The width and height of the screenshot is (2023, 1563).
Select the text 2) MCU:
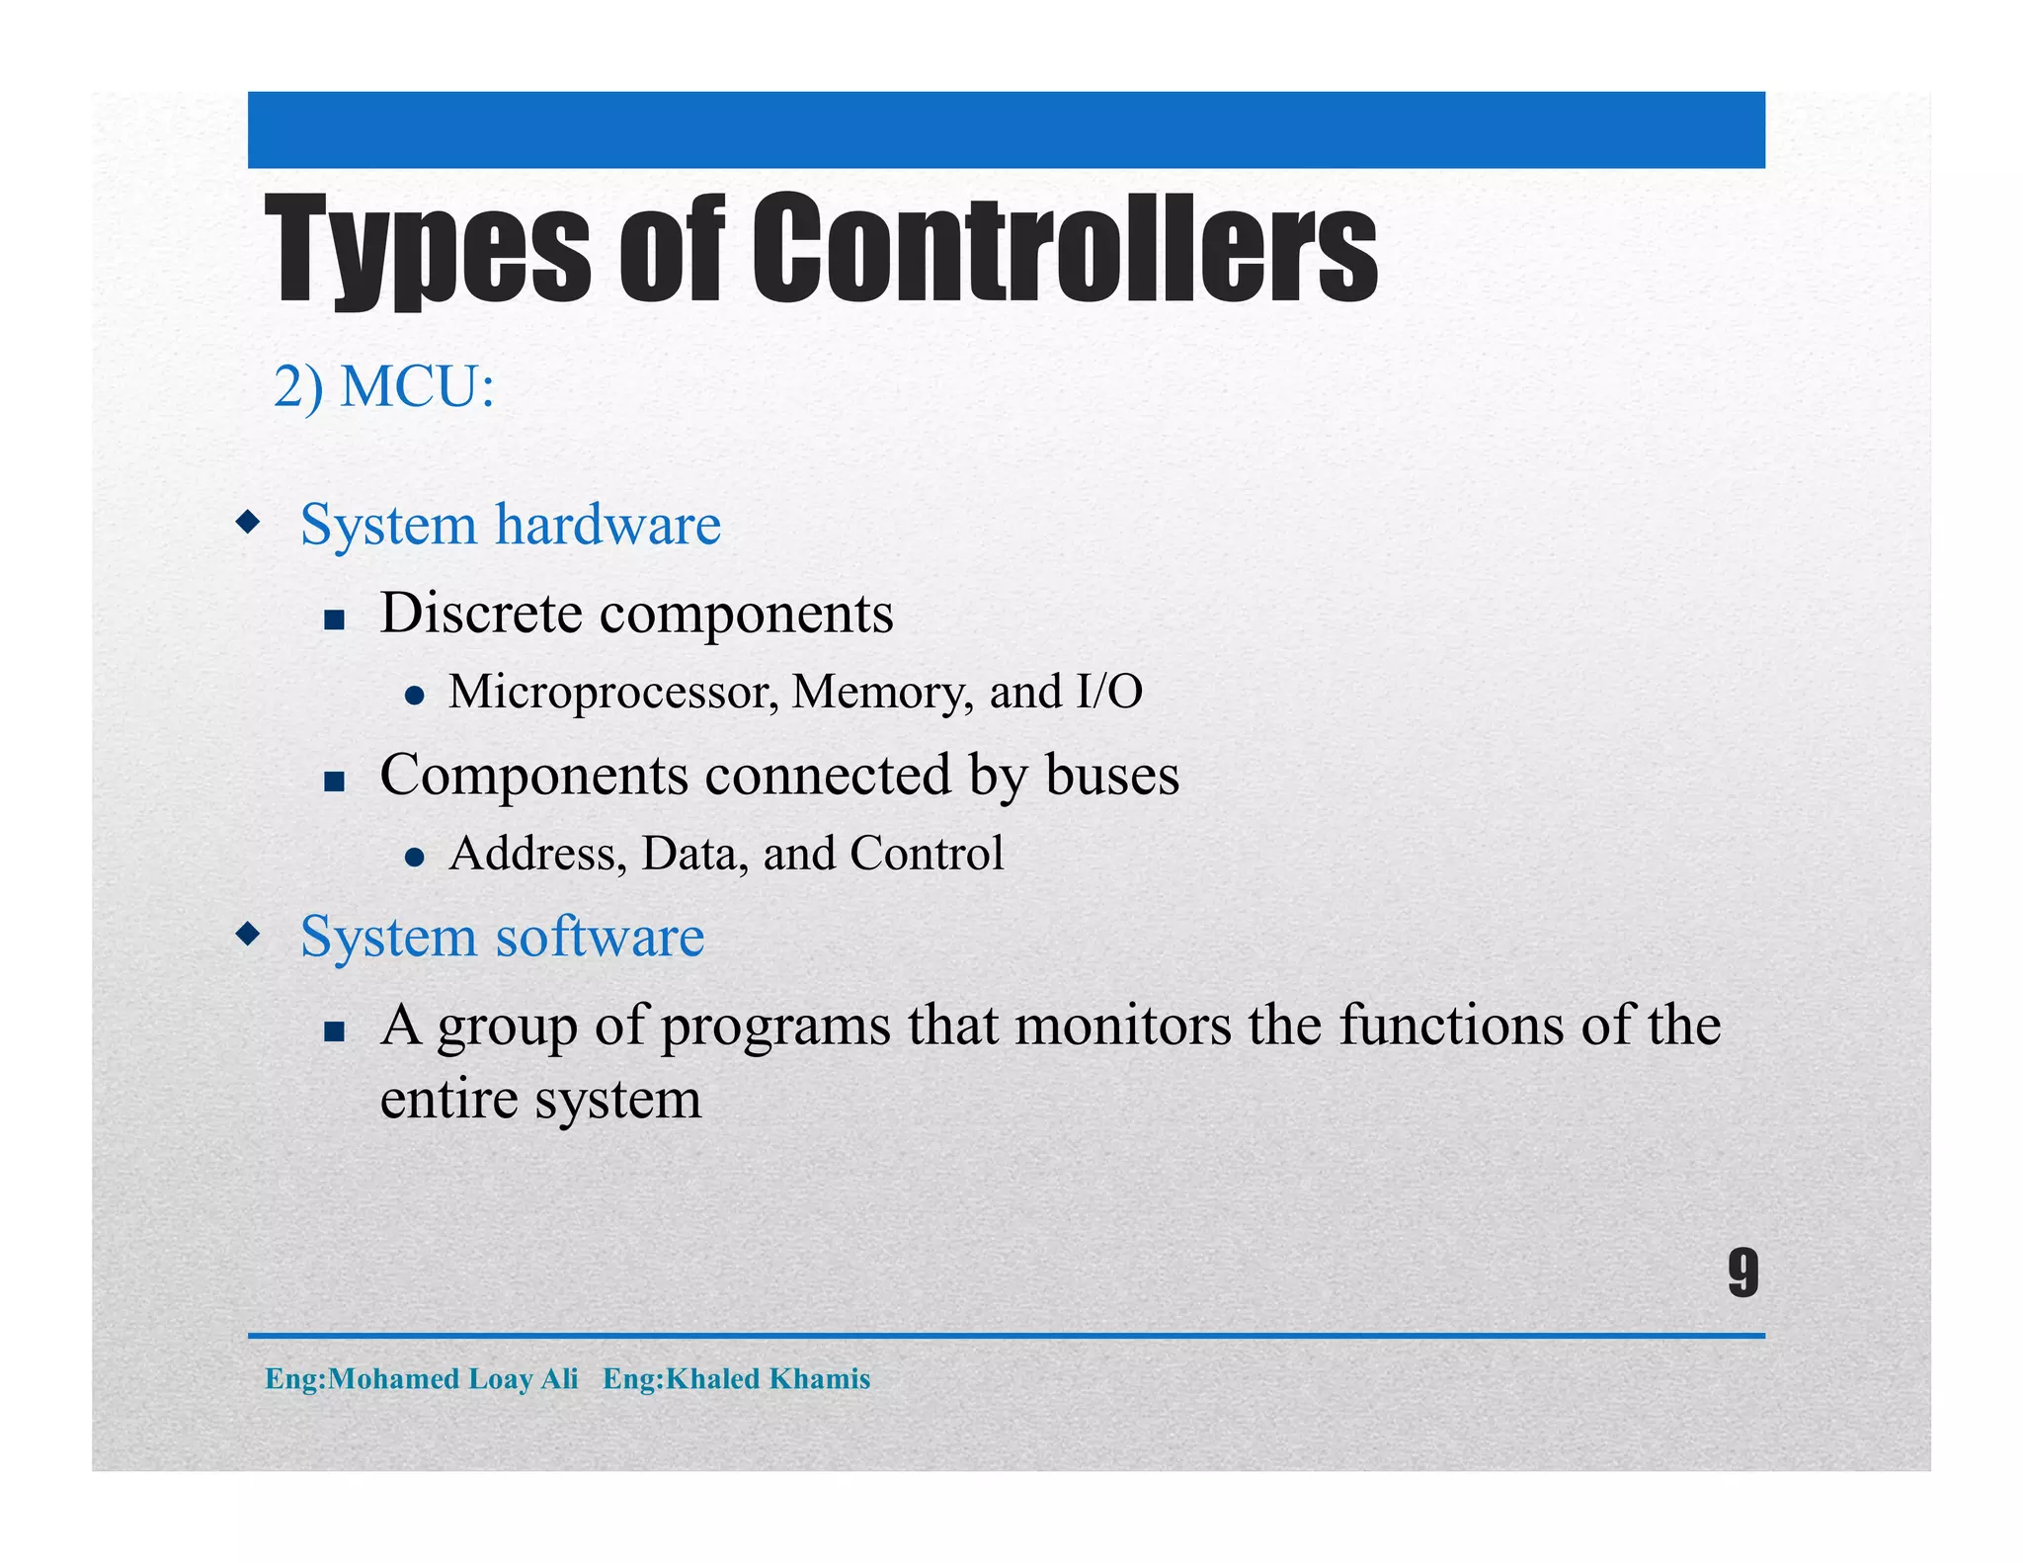[x=383, y=386]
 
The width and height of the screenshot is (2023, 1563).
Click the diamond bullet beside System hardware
[x=248, y=521]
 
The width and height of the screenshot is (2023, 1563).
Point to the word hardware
[x=607, y=525]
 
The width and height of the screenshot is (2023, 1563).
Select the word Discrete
[x=481, y=614]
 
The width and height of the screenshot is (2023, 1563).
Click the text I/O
[x=1109, y=691]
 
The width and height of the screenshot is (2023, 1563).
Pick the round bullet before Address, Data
[x=415, y=857]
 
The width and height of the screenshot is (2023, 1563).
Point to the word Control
[x=926, y=854]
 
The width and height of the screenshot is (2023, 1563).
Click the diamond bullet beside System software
[x=248, y=933]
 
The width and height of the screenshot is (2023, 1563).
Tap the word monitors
[x=1123, y=1025]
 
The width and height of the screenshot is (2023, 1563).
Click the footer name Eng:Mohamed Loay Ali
[x=421, y=1378]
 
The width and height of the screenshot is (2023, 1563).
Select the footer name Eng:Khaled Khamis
[x=736, y=1378]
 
